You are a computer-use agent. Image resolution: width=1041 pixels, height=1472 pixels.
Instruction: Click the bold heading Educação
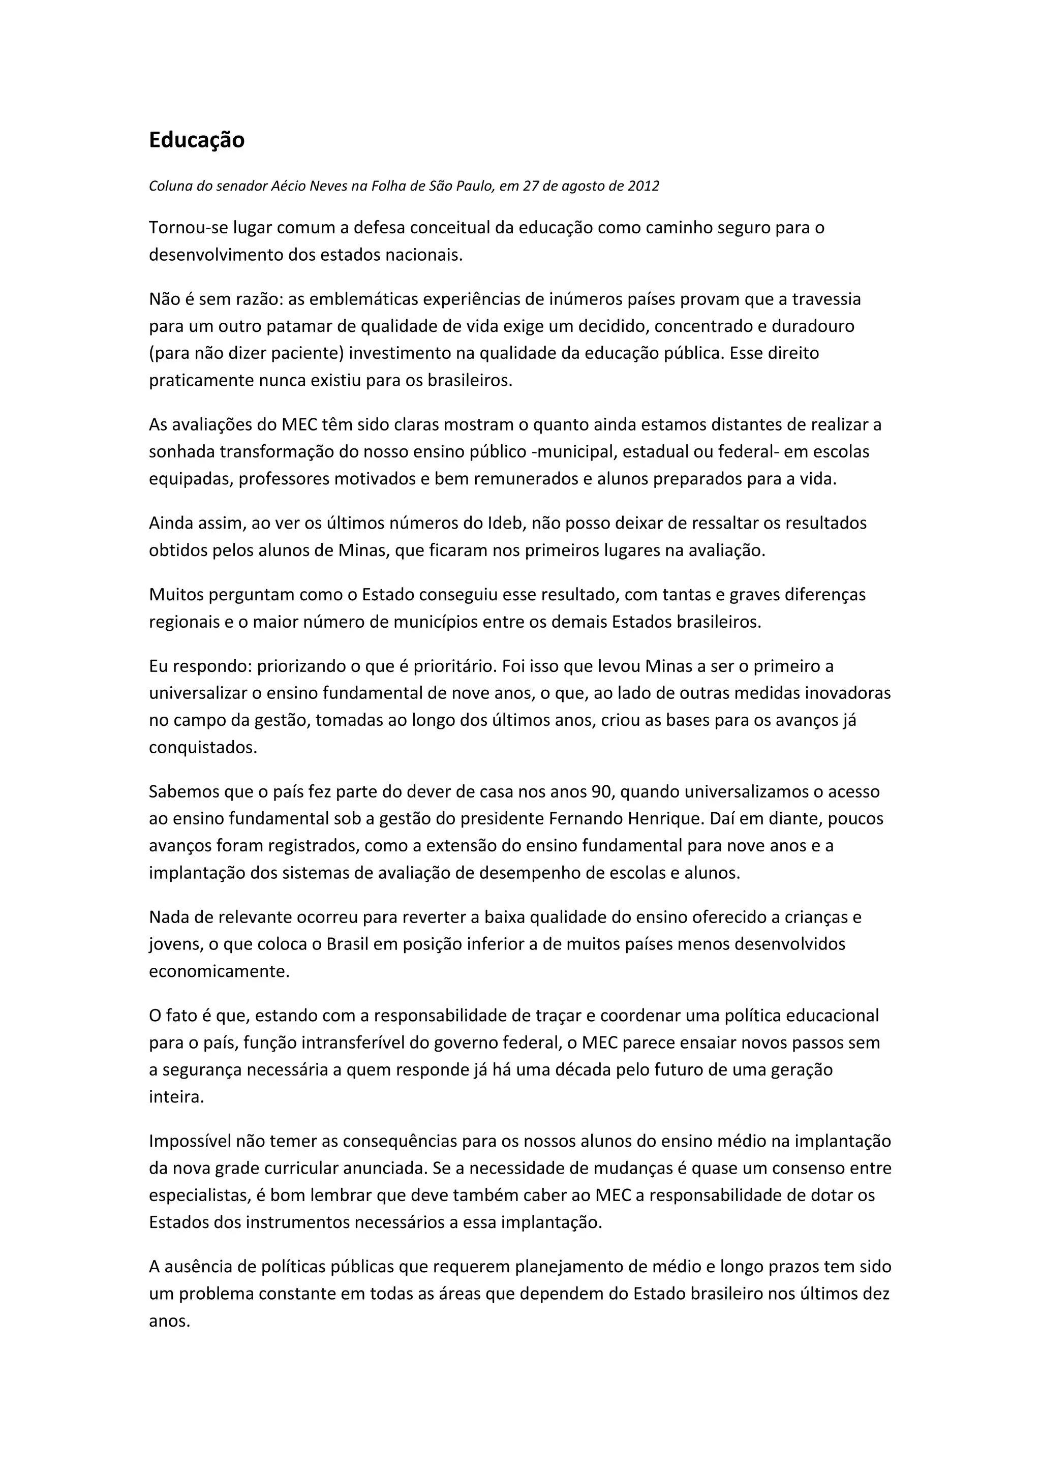pyautogui.click(x=196, y=140)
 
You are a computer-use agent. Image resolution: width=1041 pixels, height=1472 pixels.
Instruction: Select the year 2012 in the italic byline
pyautogui.click(x=643, y=186)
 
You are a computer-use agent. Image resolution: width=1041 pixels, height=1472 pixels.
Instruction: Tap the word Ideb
pyautogui.click(x=505, y=523)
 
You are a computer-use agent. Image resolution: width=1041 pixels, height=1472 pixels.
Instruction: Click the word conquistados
pyautogui.click(x=203, y=748)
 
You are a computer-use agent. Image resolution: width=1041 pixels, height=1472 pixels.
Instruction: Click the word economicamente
pyautogui.click(x=219, y=971)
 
